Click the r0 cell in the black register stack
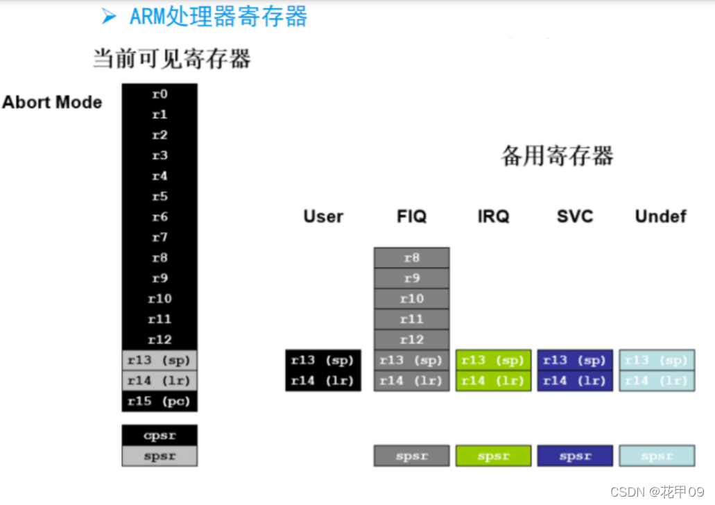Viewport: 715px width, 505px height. coord(160,94)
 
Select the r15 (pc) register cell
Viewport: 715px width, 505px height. coord(160,402)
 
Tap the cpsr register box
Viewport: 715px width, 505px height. coord(160,436)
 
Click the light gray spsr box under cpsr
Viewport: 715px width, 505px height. coord(160,456)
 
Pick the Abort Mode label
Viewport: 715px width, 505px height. coord(52,103)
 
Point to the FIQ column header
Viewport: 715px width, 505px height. coord(412,216)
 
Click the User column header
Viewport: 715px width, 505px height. coord(323,216)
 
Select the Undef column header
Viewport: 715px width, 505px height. coord(660,216)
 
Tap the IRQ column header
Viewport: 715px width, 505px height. coord(493,216)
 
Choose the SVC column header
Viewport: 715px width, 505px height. coord(575,216)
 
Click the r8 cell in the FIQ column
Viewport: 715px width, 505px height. coord(412,258)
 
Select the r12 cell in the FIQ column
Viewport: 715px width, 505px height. coord(412,340)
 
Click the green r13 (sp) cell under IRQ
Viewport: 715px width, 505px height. coord(493,360)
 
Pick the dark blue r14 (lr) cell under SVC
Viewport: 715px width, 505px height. coord(575,381)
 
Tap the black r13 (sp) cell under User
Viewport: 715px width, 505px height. coord(323,360)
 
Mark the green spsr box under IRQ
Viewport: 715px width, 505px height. coord(493,456)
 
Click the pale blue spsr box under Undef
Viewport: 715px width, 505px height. coord(657,456)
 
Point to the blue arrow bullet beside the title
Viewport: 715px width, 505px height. coord(109,17)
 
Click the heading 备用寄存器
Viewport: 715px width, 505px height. coord(557,156)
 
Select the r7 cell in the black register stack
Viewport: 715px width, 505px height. coord(160,237)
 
